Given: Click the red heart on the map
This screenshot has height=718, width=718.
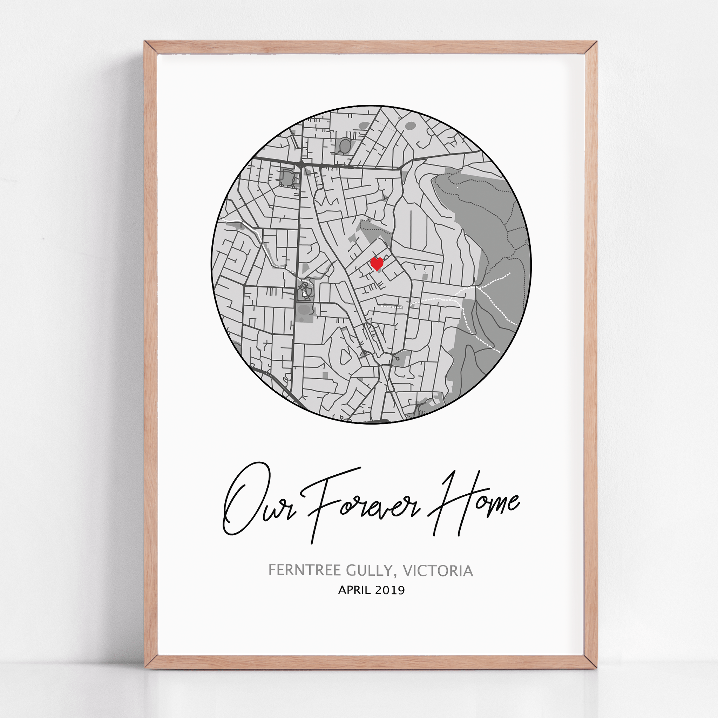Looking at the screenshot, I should [377, 264].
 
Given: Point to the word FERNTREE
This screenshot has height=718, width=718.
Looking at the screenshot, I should [305, 570].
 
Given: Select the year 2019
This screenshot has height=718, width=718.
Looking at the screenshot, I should [390, 590].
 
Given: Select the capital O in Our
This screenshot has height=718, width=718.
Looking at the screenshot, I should [242, 498].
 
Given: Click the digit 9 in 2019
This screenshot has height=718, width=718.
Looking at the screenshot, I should [401, 590].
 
